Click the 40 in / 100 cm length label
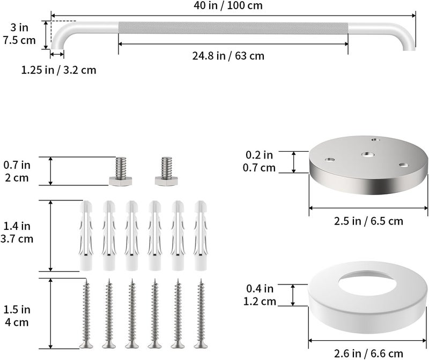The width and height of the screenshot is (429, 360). pos(228,5)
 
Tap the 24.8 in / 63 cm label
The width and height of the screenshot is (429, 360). pos(228,56)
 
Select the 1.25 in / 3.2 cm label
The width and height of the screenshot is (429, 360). pos(59,70)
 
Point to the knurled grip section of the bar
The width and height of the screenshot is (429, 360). pos(233,28)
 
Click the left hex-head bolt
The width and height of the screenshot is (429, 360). pos(121,171)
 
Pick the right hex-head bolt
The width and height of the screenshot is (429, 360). pos(166,171)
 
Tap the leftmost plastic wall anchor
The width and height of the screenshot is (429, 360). pos(86,236)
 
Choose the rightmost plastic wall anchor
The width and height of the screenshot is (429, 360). pos(201,236)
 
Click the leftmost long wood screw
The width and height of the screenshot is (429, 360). pos(86,313)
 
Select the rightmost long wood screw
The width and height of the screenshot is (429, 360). pos(201,313)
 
